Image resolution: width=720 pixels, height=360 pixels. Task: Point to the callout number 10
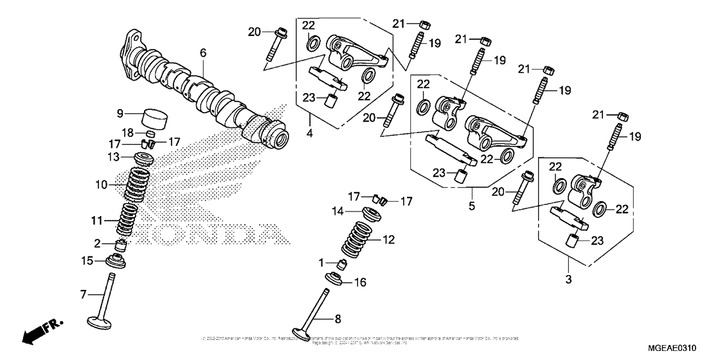pos(100,184)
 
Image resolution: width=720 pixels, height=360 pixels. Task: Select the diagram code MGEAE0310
pos(688,347)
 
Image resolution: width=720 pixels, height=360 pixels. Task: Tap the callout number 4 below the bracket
pos(309,134)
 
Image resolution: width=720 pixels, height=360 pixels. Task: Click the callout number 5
pos(471,206)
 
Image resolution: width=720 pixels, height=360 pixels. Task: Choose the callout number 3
pos(568,280)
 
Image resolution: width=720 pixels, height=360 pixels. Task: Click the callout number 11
pos(96,221)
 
